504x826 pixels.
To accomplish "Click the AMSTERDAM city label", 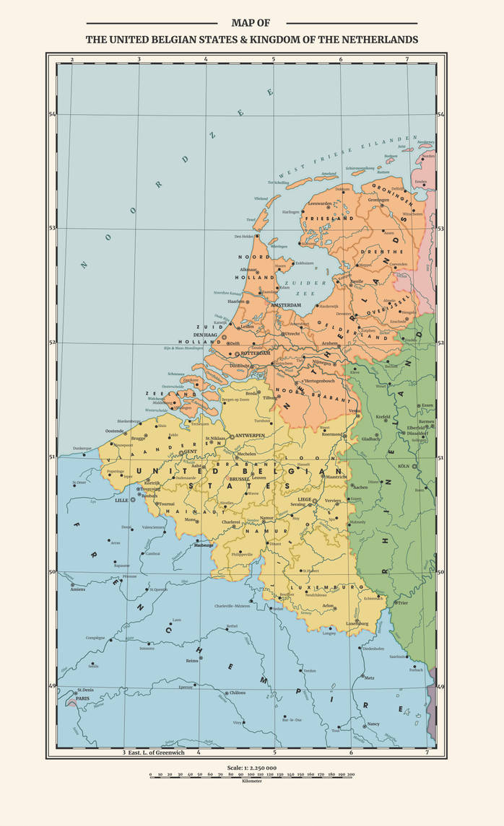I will tap(285, 306).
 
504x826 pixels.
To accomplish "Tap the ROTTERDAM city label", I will tap(255, 353).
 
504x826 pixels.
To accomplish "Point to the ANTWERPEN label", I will tap(250, 436).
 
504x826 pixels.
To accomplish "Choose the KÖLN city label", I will tap(403, 466).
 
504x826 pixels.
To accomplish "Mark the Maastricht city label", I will tap(336, 477).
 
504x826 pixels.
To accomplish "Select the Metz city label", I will tap(369, 677).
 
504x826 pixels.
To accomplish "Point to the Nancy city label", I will tap(373, 724).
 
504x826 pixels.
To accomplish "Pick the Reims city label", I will tap(191, 660).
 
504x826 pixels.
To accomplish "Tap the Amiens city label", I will tap(78, 589).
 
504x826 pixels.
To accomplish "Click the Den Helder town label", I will tap(245, 237).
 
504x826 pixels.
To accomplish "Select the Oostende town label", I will tap(115, 431).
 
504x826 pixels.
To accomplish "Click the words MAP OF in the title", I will tap(251, 23).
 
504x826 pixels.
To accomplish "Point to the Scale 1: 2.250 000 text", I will tap(251, 768).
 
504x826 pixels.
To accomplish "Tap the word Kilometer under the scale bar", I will tap(251, 781).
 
